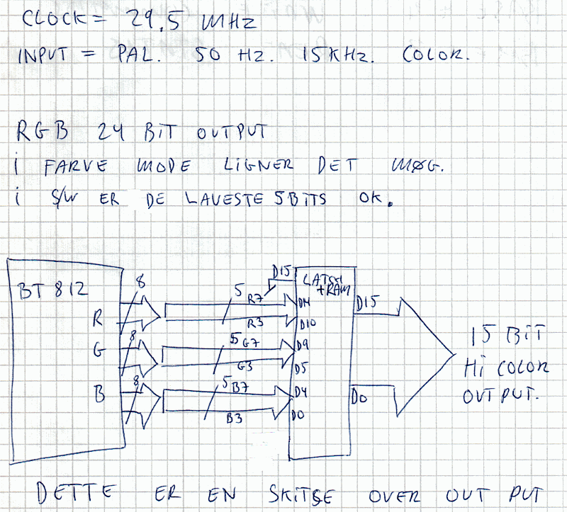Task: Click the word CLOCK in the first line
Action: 52,20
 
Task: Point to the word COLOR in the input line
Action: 434,54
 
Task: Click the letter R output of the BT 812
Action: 98,319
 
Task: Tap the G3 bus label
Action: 246,367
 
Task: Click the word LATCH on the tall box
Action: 316,280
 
